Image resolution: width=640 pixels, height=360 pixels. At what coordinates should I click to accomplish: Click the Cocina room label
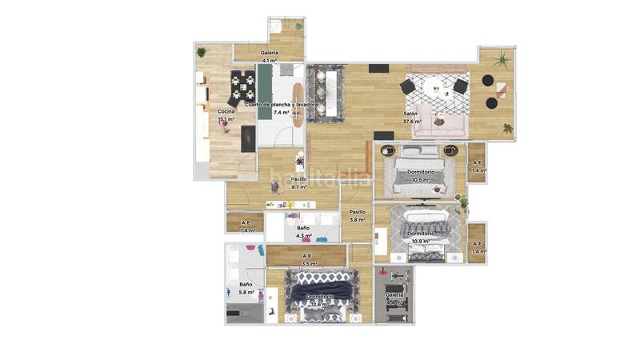[x=226, y=111]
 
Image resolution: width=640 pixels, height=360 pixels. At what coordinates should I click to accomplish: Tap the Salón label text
[x=410, y=114]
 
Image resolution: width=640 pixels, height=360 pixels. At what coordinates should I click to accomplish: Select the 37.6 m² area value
[x=413, y=122]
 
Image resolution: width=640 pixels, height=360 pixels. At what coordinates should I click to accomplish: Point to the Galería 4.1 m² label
[x=269, y=56]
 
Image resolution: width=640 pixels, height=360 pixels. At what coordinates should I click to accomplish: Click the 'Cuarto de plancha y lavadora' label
[x=282, y=105]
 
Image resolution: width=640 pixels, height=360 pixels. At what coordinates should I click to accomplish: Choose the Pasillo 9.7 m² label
[x=298, y=183]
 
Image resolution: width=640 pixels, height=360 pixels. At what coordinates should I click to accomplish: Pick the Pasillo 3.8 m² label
[x=357, y=215]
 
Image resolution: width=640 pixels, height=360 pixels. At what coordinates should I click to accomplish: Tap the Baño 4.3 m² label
[x=303, y=232]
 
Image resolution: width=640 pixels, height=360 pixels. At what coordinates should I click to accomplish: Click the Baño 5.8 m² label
[x=246, y=288]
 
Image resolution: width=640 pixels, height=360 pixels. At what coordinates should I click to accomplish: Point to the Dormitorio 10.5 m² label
[x=421, y=176]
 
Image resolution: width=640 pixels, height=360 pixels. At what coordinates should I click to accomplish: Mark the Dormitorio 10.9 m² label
[x=421, y=237]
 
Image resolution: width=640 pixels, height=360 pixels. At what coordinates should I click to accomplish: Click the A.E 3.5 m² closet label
[x=308, y=259]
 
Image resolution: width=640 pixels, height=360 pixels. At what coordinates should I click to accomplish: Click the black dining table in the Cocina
[x=242, y=82]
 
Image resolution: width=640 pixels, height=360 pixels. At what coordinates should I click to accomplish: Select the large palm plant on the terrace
[x=502, y=60]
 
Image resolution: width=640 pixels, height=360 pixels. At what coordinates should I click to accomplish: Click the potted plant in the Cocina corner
[x=201, y=52]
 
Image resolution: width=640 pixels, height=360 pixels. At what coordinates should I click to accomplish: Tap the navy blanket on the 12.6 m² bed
[x=323, y=286]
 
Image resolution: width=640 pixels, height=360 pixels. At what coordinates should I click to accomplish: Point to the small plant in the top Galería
[x=298, y=26]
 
